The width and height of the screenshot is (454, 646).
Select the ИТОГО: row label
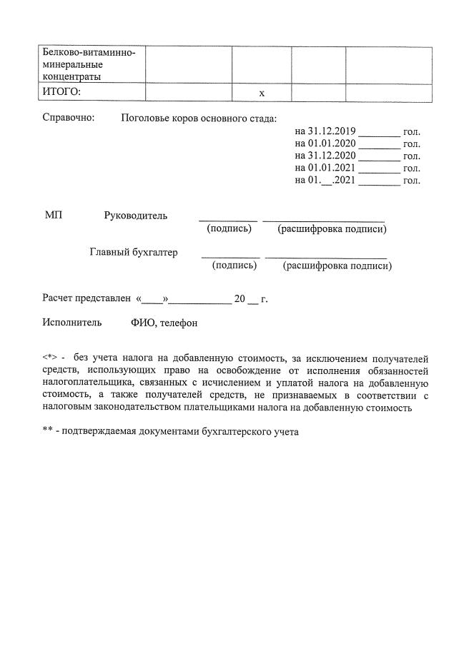[62, 91]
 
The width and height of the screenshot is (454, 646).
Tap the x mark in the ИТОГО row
[261, 93]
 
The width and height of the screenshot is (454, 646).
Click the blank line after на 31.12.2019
[379, 133]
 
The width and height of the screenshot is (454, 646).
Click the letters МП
[54, 216]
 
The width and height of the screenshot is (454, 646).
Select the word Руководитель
[136, 216]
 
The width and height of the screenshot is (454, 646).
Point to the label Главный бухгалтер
[134, 252]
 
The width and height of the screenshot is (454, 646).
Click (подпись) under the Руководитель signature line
[229, 229]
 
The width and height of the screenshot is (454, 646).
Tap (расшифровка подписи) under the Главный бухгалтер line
[337, 266]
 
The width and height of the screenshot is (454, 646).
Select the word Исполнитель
[71, 323]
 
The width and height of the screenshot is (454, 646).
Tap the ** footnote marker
[47, 431]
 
